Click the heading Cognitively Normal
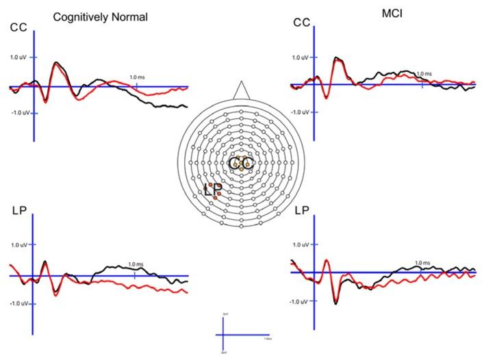point(100,16)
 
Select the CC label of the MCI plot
point(301,23)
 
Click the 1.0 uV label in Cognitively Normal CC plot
point(18,57)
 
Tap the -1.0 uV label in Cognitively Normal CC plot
point(17,112)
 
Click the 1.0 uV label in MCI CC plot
point(301,57)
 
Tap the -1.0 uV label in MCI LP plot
point(300,300)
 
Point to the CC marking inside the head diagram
point(241,164)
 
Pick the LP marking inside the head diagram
point(213,190)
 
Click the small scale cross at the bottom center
point(226,335)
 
